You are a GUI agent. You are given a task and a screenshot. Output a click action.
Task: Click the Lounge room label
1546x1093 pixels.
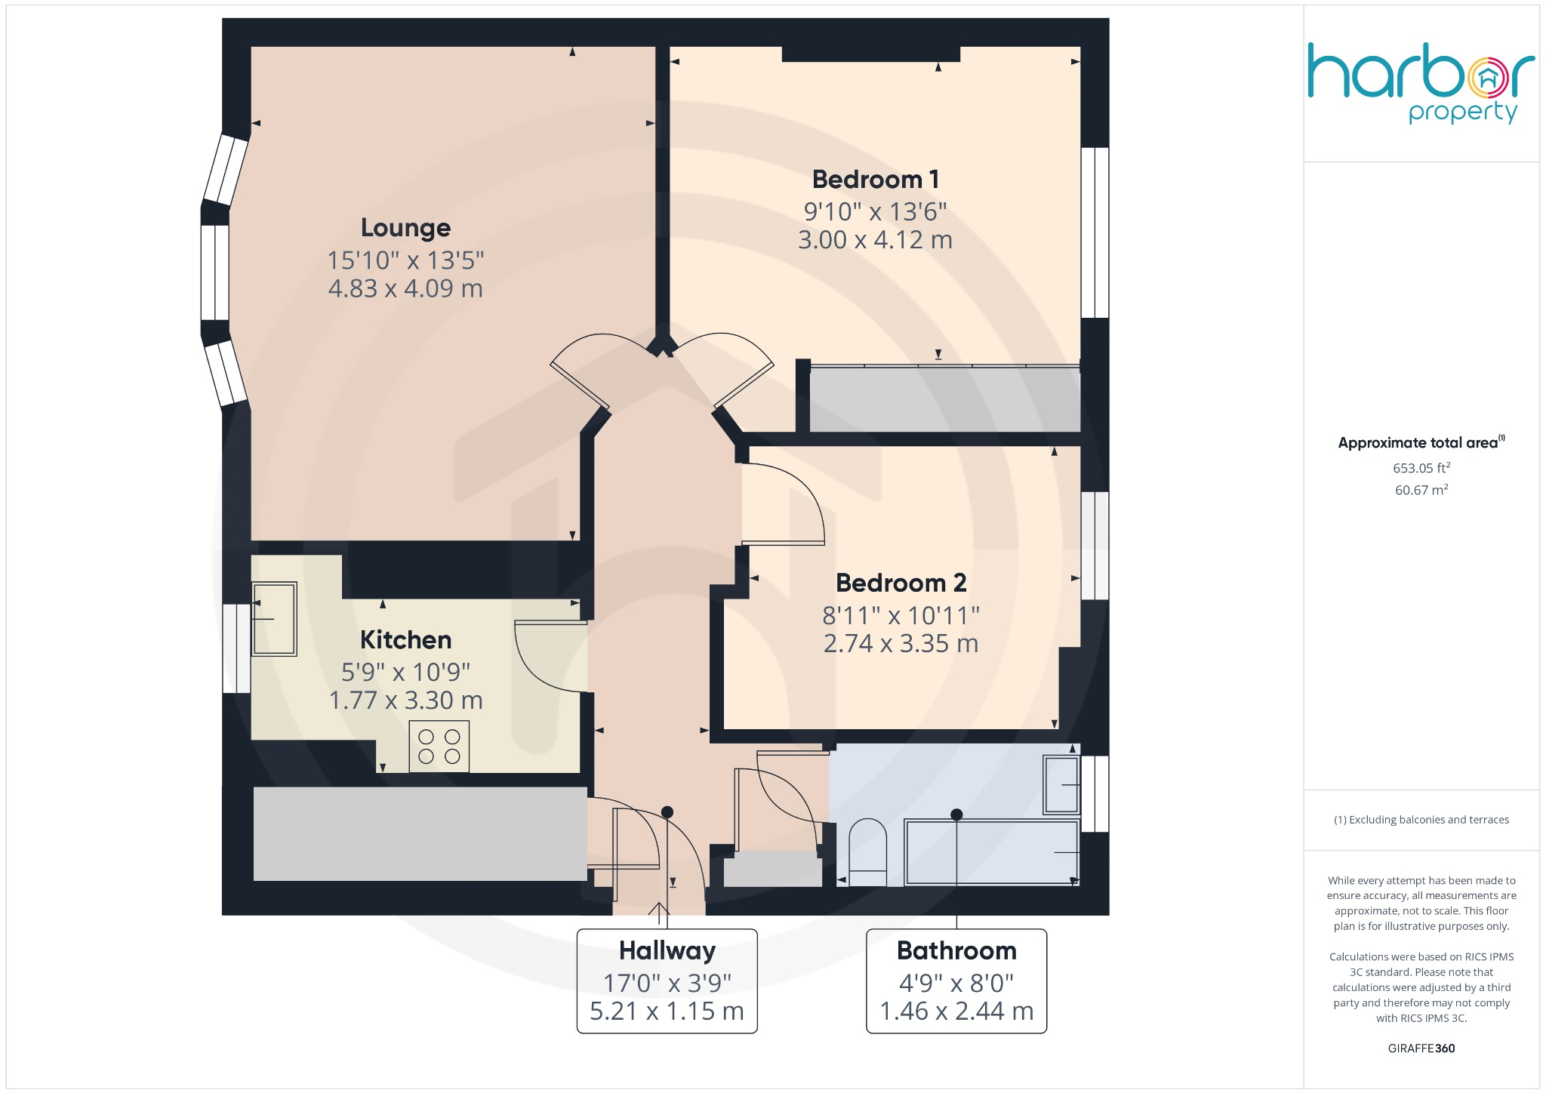click(405, 227)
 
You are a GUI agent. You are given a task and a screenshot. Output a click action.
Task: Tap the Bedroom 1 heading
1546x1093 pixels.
click(875, 180)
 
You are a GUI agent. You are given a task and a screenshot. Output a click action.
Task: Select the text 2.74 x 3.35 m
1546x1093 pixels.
click(901, 644)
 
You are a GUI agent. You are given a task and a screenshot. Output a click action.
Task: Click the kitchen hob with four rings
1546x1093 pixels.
click(439, 746)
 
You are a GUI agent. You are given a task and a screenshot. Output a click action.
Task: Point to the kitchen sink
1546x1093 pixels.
click(273, 619)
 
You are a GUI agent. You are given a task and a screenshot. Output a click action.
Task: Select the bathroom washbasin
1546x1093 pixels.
click(1061, 785)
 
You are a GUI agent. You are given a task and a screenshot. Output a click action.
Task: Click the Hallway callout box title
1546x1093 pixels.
click(667, 950)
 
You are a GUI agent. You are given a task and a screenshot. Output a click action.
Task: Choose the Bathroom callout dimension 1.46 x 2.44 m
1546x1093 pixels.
click(956, 1011)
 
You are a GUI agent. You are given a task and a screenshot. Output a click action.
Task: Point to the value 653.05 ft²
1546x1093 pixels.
click(1421, 468)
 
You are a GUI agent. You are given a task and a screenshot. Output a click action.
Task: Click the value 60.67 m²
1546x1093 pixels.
click(1421, 490)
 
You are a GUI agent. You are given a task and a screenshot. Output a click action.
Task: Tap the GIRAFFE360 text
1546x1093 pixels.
click(1421, 1048)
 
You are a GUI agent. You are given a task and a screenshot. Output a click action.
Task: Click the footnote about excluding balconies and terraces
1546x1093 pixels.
click(1421, 820)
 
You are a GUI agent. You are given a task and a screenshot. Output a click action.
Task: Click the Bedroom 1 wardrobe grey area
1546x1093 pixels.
click(944, 399)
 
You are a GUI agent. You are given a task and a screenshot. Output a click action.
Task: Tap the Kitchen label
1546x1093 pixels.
click(405, 640)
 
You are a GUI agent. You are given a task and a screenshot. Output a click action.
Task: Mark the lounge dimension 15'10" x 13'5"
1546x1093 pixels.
click(405, 260)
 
